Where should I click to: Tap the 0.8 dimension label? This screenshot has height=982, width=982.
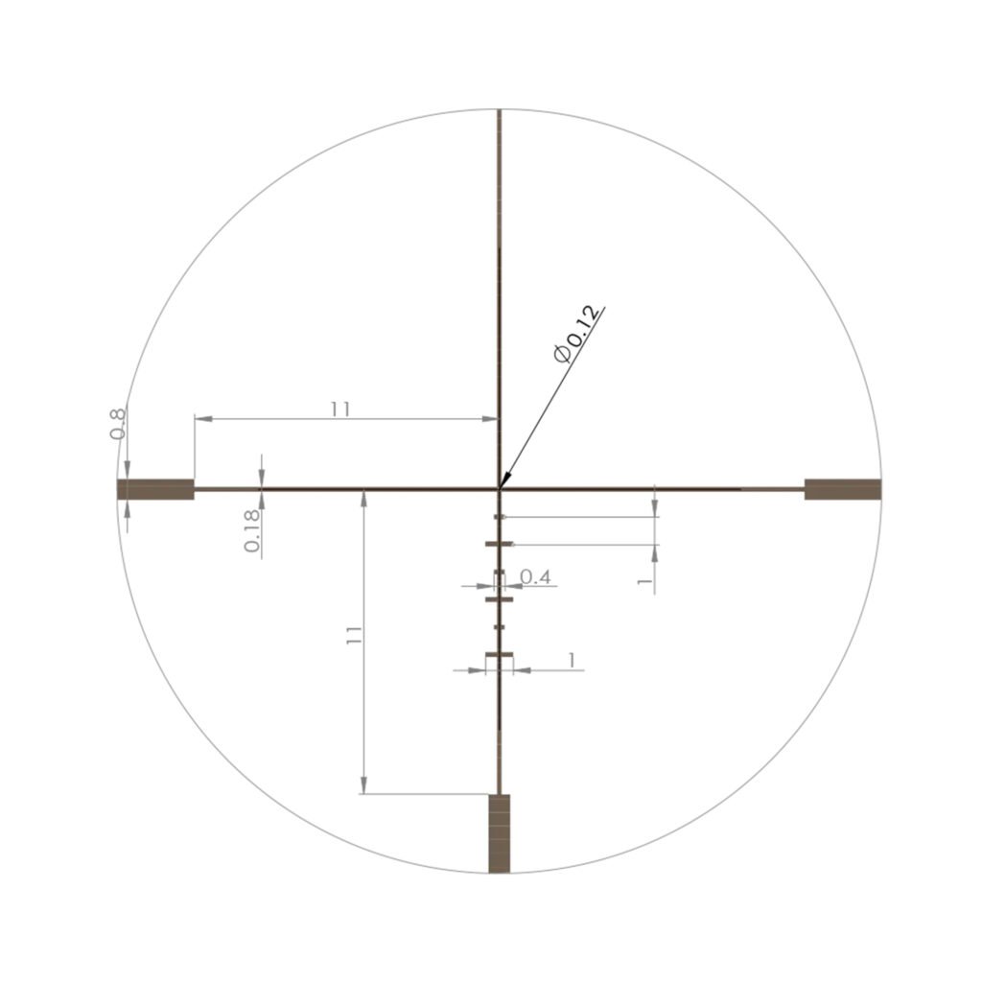[118, 423]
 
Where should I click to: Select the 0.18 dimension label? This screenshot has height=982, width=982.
[252, 530]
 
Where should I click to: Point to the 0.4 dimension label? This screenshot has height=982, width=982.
[535, 576]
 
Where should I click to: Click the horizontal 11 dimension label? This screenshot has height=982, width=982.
[340, 409]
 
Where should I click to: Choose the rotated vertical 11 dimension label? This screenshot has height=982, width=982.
[353, 635]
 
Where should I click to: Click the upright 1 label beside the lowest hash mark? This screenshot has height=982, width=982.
[572, 660]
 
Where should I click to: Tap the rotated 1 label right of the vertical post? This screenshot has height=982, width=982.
[644, 582]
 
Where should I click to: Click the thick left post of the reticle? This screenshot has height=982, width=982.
[156, 489]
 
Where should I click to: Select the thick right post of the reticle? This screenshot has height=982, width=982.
[842, 489]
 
